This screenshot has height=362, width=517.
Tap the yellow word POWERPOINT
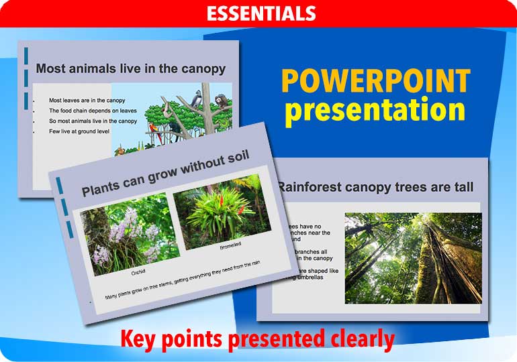375,81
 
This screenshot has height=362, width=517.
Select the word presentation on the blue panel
375,110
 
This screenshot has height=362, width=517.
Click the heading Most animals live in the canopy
130,68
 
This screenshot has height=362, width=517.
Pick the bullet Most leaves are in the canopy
87,101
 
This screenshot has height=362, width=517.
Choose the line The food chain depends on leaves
93,111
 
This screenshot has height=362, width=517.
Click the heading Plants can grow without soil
165,173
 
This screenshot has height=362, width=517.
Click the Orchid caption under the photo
138,271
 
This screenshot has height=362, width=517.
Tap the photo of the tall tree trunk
413,258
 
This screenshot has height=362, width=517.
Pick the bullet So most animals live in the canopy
93,121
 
